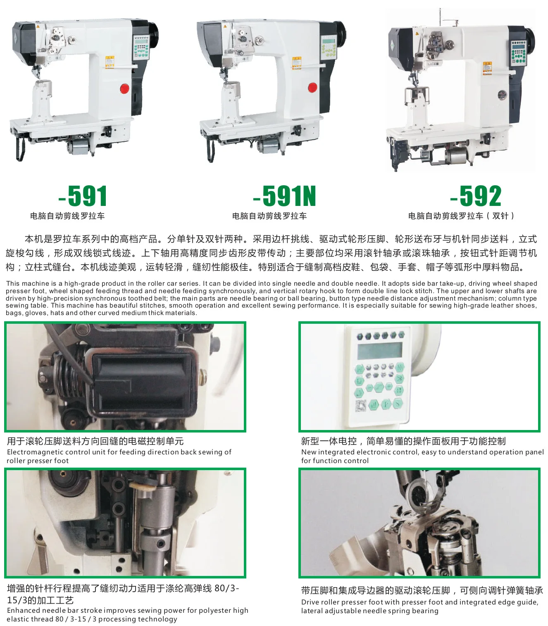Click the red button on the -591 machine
point(124,88)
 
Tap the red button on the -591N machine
point(312,88)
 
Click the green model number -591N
point(284,196)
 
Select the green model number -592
point(476,196)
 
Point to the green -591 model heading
point(83,196)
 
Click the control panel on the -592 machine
point(519,52)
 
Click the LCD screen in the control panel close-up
point(379,351)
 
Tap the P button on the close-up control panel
point(386,404)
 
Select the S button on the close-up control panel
point(398,404)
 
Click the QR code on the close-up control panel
point(361,406)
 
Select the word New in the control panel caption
point(308,452)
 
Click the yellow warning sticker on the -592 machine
point(487,68)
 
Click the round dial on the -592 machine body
point(502,96)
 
